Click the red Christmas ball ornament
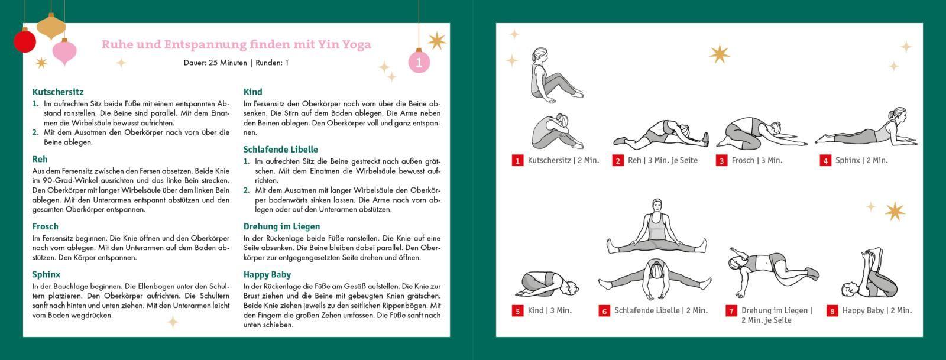click(x=25, y=41)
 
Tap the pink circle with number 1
click(x=419, y=62)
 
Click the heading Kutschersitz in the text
click(x=58, y=92)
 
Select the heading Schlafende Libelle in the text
click(x=280, y=150)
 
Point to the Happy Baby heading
click(x=268, y=274)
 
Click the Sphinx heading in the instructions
click(x=46, y=274)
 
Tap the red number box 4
click(x=825, y=161)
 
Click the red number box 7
click(x=731, y=312)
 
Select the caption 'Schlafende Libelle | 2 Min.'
click(x=660, y=310)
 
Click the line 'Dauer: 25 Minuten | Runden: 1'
click(x=236, y=63)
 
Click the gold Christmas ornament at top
click(x=51, y=27)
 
